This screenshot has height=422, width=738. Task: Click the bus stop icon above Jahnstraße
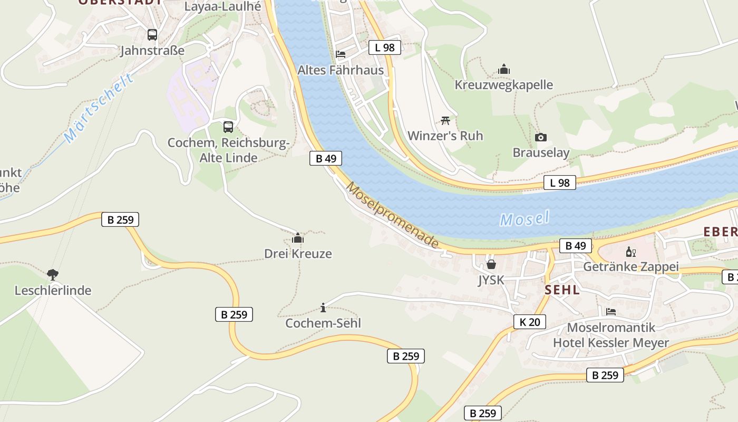click(152, 35)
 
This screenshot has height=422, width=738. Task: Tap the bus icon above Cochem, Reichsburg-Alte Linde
click(228, 127)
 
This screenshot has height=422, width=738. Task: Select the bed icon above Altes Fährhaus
click(341, 54)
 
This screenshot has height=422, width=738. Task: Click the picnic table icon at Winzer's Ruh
click(445, 120)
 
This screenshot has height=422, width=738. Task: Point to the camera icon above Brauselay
click(541, 138)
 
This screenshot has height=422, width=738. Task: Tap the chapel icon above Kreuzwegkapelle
click(504, 69)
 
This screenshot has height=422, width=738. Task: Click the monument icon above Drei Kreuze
click(298, 238)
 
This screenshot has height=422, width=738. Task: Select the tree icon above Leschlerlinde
click(53, 274)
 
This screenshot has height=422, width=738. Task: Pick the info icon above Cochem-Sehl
click(323, 308)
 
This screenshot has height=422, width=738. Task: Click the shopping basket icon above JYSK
click(491, 264)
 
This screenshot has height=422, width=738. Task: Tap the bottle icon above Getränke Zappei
click(630, 252)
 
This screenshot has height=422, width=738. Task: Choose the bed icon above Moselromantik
click(611, 312)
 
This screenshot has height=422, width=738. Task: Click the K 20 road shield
click(530, 322)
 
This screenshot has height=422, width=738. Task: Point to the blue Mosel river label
click(525, 218)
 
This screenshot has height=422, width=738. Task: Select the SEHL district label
click(562, 290)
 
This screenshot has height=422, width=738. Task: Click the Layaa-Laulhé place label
click(222, 6)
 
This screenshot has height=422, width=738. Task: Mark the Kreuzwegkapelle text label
click(504, 85)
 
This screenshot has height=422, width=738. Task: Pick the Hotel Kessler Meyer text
click(610, 343)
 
